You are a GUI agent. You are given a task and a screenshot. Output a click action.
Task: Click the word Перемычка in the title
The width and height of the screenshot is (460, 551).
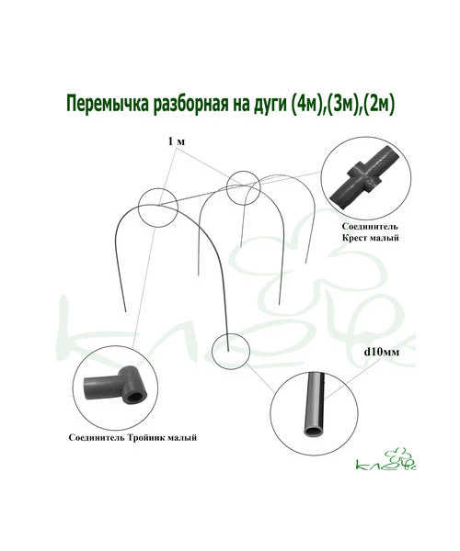click(x=108, y=105)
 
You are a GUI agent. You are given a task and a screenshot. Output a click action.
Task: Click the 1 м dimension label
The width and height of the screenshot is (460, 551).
click(x=177, y=141)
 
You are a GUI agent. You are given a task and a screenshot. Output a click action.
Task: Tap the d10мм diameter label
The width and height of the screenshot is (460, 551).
click(x=382, y=352)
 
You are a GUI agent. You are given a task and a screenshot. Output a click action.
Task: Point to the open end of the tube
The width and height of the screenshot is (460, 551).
click(x=313, y=432)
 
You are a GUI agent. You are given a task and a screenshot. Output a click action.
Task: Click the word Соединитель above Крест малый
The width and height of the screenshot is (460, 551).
click(x=370, y=227)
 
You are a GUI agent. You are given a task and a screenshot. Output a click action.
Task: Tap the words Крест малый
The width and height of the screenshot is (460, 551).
click(x=370, y=238)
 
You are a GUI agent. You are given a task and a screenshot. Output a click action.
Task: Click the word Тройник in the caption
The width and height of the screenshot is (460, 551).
click(x=145, y=438)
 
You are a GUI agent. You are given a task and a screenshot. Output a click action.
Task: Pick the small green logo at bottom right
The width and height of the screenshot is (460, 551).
click(x=386, y=460)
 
